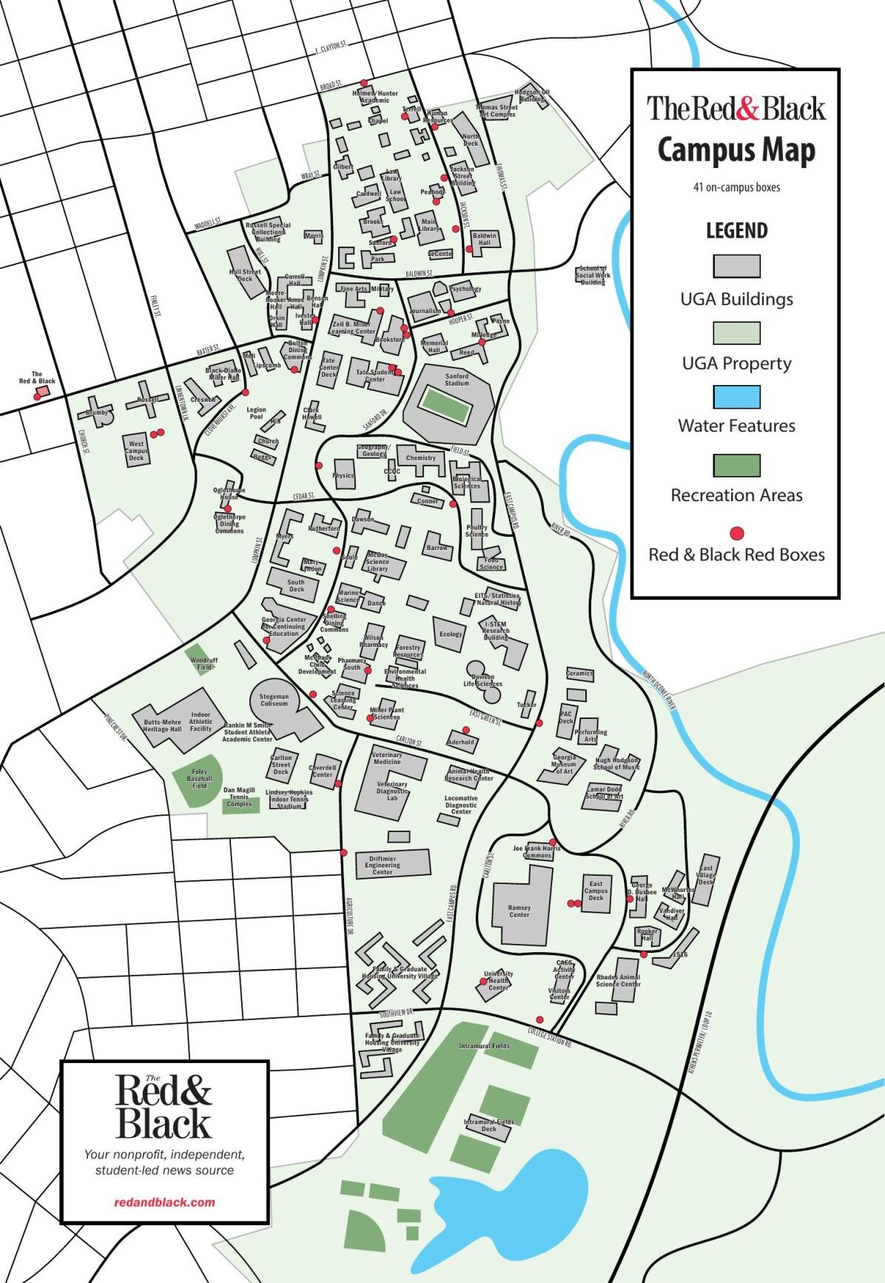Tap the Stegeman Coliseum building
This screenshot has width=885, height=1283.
point(275,699)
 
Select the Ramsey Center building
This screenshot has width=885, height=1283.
point(520,910)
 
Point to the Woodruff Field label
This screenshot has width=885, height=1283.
point(203,663)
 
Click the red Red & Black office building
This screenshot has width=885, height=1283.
point(36,397)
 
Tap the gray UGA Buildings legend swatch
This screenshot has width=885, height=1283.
point(736,266)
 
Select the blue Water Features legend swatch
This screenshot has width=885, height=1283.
point(736,397)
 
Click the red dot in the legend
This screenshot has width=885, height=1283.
point(736,533)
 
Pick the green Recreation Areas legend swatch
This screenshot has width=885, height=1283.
point(736,465)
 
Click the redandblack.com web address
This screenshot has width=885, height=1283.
point(164,1202)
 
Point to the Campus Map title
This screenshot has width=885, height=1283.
point(736,150)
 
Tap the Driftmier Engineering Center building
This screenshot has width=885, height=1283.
point(392,864)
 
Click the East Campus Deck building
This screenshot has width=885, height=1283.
point(596,892)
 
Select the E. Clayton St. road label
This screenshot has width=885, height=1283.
point(331,48)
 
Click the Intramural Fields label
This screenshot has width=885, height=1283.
point(484,1046)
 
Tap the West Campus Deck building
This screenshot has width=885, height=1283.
point(137,451)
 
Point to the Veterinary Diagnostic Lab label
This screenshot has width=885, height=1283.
point(391,791)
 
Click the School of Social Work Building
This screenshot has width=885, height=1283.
point(592,275)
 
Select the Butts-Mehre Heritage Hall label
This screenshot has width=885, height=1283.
point(162,726)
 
